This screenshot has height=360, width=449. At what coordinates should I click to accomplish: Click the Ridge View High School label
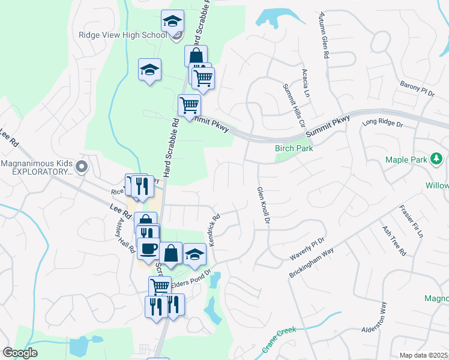[122, 35]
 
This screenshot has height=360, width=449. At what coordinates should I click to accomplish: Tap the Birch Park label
[295, 148]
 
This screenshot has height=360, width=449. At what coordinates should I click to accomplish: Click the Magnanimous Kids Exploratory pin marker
[83, 167]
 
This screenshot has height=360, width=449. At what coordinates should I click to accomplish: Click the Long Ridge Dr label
[382, 124]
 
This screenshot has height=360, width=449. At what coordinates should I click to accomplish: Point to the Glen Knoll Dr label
[262, 206]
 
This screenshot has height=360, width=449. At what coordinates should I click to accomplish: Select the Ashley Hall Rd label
[126, 234]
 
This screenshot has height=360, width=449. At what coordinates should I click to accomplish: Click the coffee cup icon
[148, 247]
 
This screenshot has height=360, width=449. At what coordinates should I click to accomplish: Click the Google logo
[20, 353]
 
